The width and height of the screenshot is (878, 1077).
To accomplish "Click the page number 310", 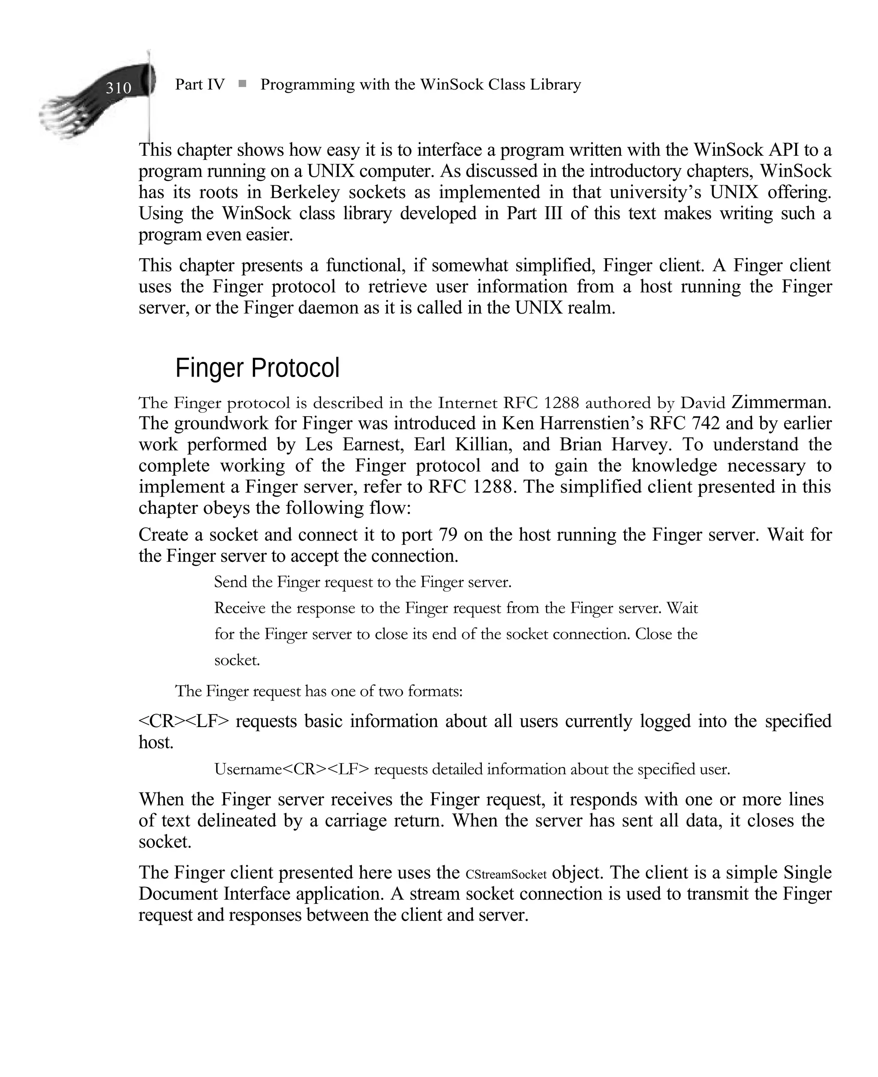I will coord(118,88).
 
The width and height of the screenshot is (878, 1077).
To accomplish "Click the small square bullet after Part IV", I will coord(242,84).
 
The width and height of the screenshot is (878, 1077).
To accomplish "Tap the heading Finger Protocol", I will coord(257,368).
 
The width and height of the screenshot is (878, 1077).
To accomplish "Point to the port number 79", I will coord(448,535).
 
